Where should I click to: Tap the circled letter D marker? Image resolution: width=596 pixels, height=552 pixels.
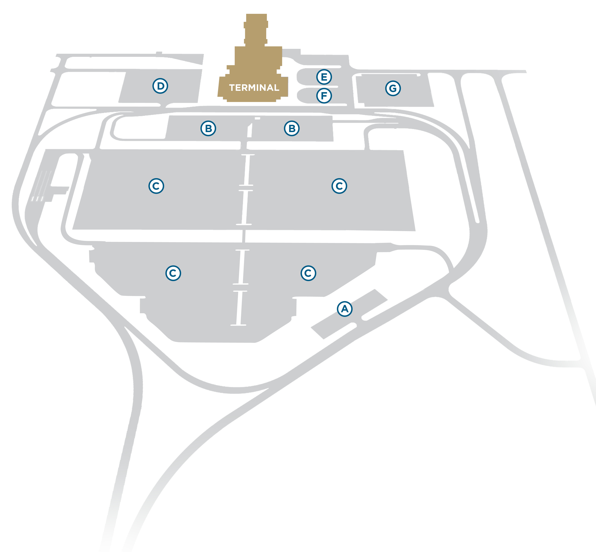click(160, 86)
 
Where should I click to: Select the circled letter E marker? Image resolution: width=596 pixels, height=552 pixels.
click(324, 77)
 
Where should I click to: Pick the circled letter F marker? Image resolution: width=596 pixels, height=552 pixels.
click(324, 96)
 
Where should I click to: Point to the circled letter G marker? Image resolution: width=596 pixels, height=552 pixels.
click(393, 88)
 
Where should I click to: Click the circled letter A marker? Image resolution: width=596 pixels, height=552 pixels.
click(345, 309)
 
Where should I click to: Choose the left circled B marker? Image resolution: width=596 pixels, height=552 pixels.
click(208, 128)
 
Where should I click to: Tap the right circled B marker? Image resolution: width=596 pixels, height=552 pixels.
click(292, 128)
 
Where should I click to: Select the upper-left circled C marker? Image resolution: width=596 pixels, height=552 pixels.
click(156, 186)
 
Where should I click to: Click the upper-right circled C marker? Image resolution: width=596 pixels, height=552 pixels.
click(339, 186)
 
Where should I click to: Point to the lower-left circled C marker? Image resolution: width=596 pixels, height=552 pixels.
click(173, 273)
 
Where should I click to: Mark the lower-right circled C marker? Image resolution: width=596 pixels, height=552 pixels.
click(308, 273)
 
